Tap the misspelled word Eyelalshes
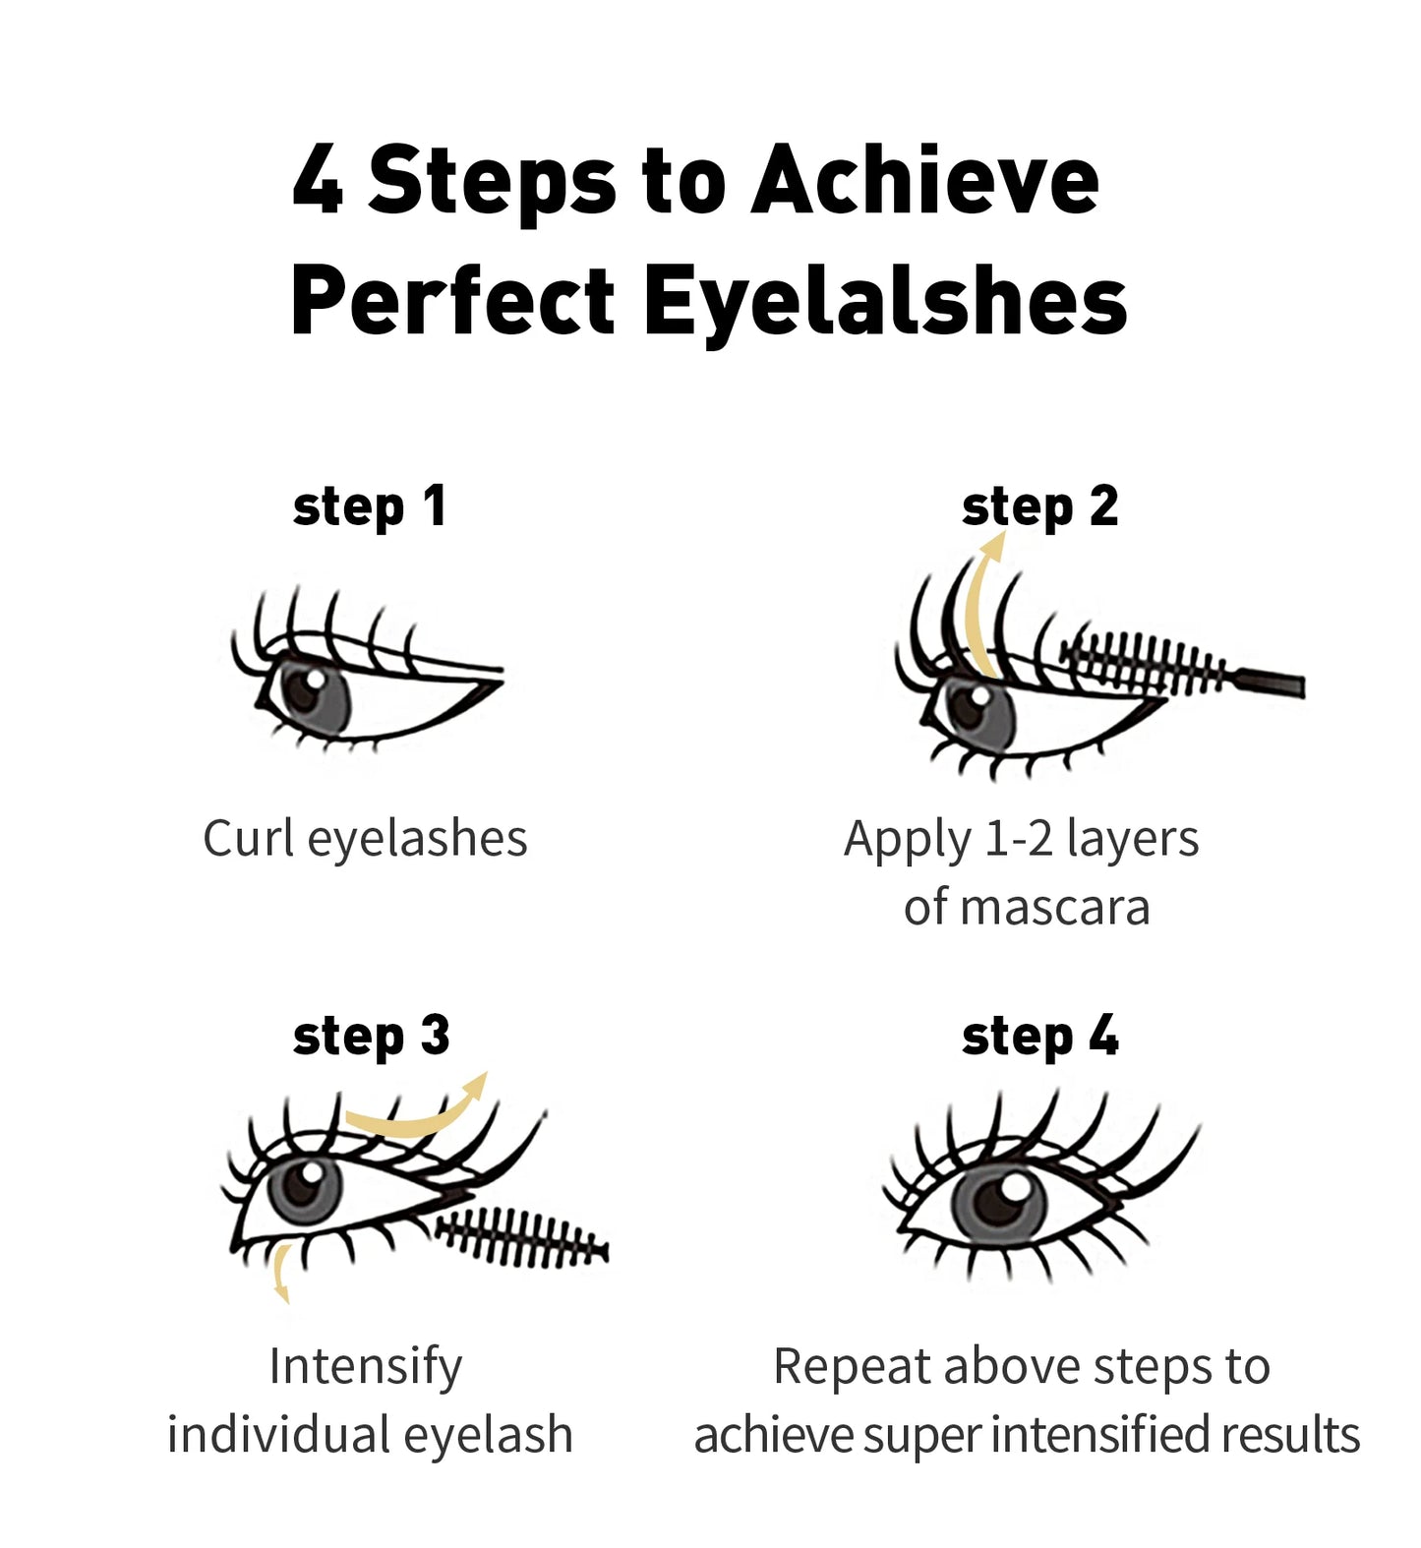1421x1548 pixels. tap(884, 302)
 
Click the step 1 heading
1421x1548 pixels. tap(370, 508)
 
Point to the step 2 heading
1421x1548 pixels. tap(1039, 508)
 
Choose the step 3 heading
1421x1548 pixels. tap(371, 1038)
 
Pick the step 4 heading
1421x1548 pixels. tap(1039, 1038)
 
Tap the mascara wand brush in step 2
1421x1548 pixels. tap(1146, 661)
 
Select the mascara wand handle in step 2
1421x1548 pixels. tap(1269, 682)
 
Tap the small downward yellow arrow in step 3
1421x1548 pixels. tap(281, 1275)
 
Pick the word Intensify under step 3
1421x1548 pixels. tap(365, 1368)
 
